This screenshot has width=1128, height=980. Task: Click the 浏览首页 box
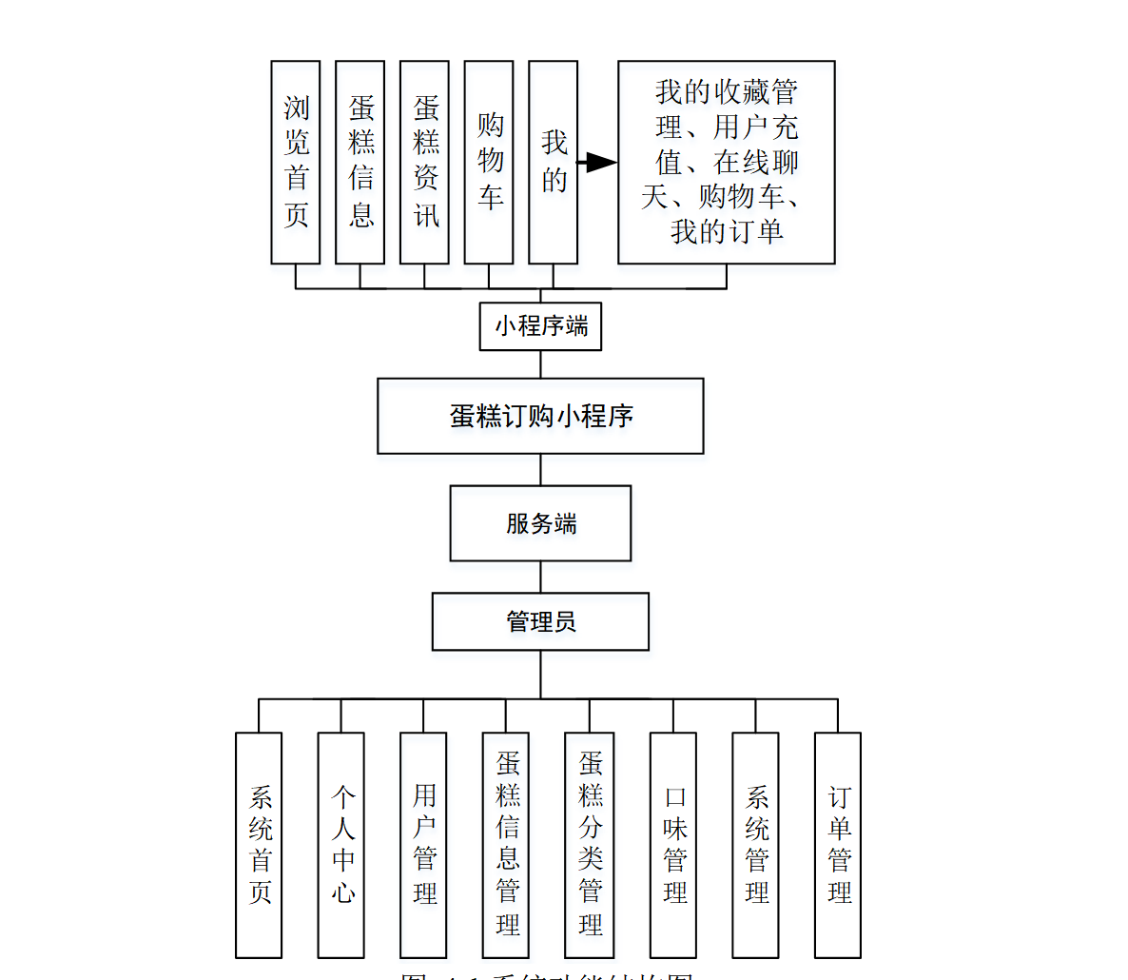[295, 162]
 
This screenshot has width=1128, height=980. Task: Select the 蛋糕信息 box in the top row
[360, 162]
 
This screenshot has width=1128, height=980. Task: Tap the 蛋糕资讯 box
[424, 162]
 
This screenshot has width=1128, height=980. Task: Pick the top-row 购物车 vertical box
[489, 162]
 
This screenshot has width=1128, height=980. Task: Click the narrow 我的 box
[553, 162]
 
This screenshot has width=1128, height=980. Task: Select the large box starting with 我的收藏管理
[727, 162]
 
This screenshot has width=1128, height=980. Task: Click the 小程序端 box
[540, 326]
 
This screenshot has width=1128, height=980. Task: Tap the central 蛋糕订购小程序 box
[540, 416]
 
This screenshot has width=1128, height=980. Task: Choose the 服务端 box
[540, 523]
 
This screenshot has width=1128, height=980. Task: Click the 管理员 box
[540, 622]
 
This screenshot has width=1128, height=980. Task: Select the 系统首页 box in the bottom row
[259, 845]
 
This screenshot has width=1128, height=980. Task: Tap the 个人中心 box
[341, 845]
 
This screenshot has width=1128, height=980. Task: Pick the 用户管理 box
[423, 845]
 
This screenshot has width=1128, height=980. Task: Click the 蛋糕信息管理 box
[506, 845]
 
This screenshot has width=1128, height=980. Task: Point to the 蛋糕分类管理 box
[590, 845]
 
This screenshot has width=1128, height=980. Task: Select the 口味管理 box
[673, 845]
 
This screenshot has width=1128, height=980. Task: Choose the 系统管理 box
[756, 845]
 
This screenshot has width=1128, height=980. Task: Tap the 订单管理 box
[838, 845]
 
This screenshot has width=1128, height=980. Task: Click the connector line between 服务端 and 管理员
[541, 578]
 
